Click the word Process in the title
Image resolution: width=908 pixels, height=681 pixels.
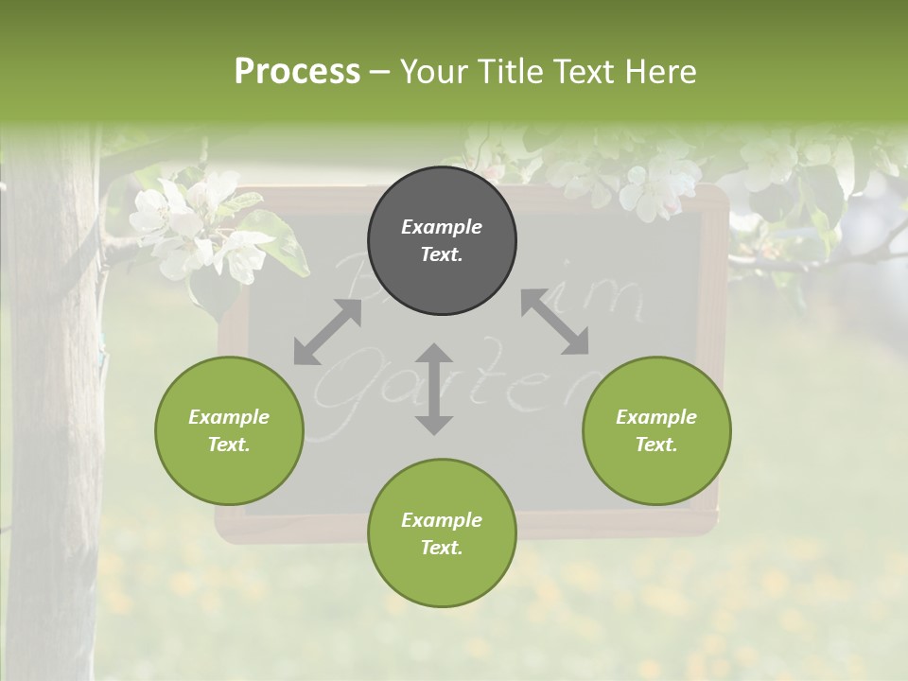(297, 72)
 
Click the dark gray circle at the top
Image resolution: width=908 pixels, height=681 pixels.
(442, 240)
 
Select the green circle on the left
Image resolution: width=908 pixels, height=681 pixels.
(229, 430)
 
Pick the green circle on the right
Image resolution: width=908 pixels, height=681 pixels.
(656, 430)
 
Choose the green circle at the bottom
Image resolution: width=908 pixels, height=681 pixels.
(442, 533)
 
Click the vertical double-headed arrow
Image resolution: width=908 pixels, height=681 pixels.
(434, 389)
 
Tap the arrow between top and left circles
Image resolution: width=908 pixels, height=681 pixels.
(327, 332)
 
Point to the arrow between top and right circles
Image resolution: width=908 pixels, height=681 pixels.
(554, 323)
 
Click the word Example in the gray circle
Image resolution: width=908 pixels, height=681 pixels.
(442, 227)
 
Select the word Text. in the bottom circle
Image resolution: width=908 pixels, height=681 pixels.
(442, 548)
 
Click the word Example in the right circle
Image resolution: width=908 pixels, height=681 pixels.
(656, 417)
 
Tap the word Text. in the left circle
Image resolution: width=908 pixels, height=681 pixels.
(229, 445)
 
